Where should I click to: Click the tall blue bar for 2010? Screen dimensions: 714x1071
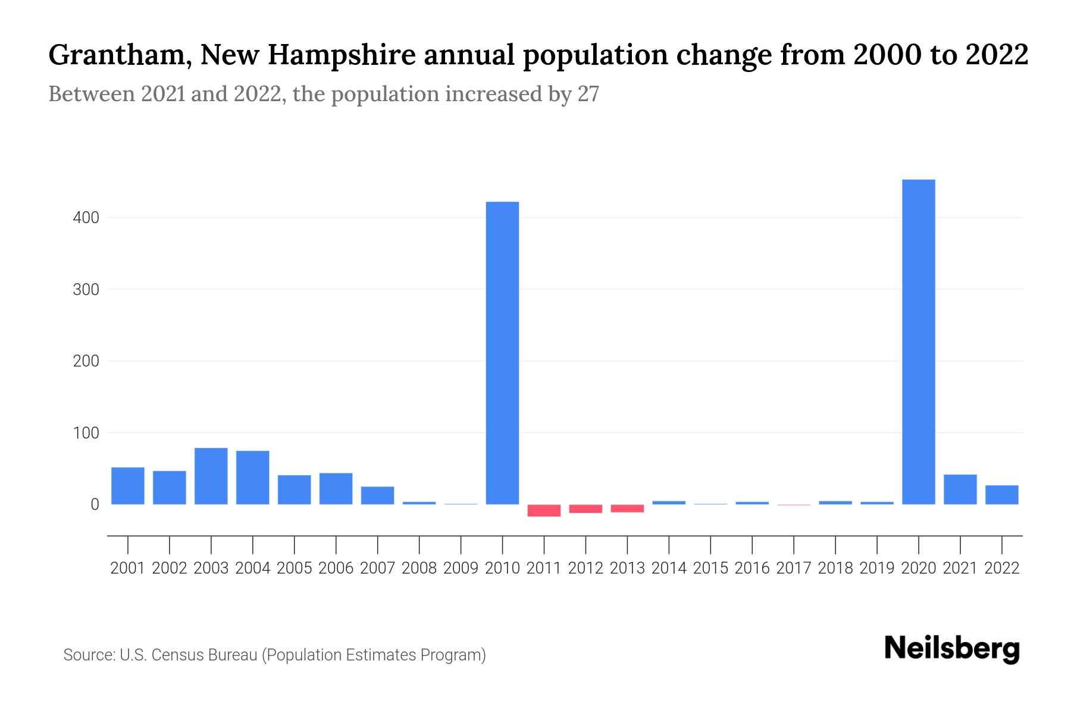point(502,353)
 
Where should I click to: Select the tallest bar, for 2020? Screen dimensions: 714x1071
point(918,342)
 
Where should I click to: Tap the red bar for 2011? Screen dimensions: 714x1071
point(544,511)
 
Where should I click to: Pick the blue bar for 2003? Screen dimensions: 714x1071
point(211,476)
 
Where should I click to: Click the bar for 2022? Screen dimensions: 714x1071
point(1001,495)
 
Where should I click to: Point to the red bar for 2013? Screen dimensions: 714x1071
point(627,509)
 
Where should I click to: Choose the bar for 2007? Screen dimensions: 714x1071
point(377,496)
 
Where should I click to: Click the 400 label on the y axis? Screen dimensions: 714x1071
point(86,218)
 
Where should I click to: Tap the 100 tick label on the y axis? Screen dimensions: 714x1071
point(86,433)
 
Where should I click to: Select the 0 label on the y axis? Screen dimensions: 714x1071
point(94,505)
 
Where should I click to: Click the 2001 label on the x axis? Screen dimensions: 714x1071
point(128,568)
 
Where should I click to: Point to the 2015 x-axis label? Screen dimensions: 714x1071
point(710,568)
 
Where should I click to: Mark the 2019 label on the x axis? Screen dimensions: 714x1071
point(877,568)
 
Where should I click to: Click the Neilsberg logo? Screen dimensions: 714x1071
point(952,649)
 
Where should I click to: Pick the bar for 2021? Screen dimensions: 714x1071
point(960,489)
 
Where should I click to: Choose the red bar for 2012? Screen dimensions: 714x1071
point(585,509)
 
